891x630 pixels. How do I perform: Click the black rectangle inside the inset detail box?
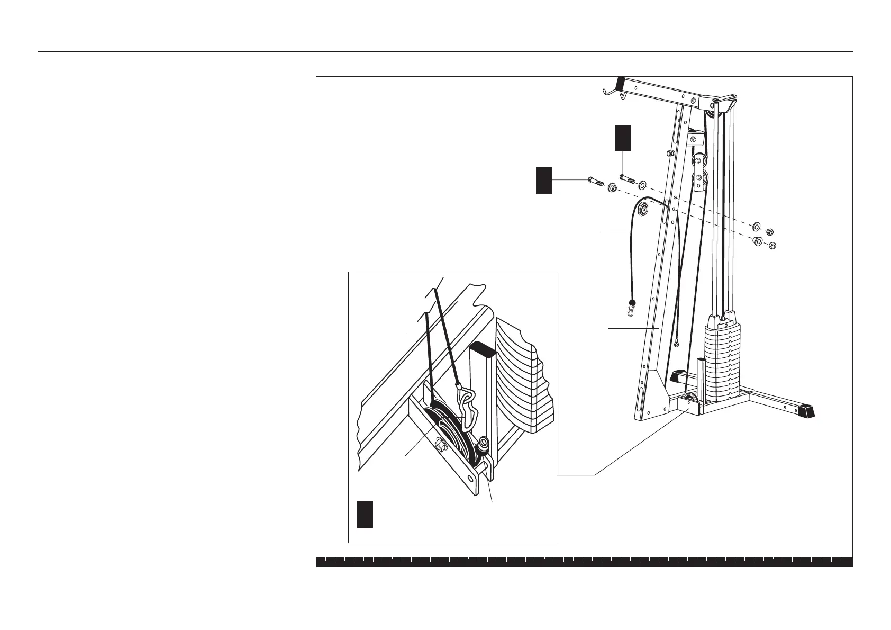365,514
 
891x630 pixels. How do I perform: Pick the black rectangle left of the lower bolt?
543,180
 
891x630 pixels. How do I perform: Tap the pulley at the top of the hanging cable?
643,210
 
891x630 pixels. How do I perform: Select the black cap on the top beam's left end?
619,84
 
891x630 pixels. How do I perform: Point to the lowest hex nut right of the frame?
772,245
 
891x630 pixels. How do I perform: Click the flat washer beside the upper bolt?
642,185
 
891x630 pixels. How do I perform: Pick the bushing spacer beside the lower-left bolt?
612,187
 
